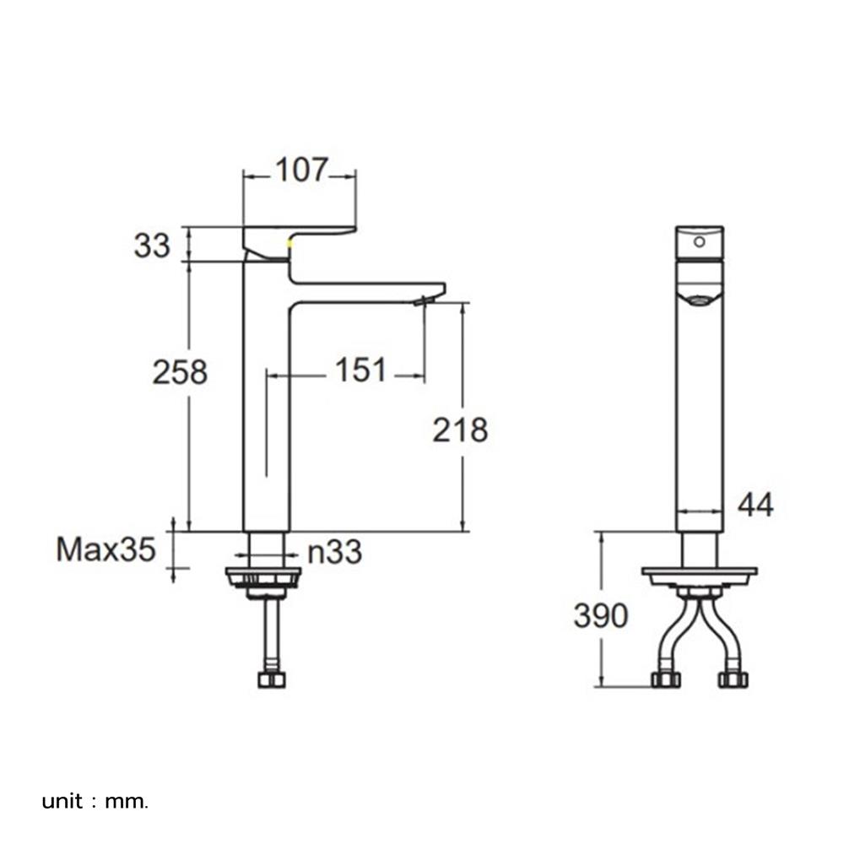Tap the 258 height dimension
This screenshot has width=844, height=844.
[180, 371]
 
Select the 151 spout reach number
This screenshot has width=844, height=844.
[361, 370]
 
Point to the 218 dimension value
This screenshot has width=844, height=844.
[460, 430]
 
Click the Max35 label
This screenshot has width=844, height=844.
[106, 550]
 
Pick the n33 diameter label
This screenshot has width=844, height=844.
[334, 553]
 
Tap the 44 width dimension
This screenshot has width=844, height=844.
[755, 505]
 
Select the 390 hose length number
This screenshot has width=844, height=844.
[601, 616]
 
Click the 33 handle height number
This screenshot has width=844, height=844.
[152, 246]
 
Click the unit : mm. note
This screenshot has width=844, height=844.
[95, 801]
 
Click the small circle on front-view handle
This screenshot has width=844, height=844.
[699, 241]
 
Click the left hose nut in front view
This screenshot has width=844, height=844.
[666, 679]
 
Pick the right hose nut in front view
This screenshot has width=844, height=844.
[733, 679]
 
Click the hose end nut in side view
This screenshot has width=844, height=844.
[272, 679]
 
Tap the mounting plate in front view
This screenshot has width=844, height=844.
[699, 576]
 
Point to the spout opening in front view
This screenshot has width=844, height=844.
[699, 298]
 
